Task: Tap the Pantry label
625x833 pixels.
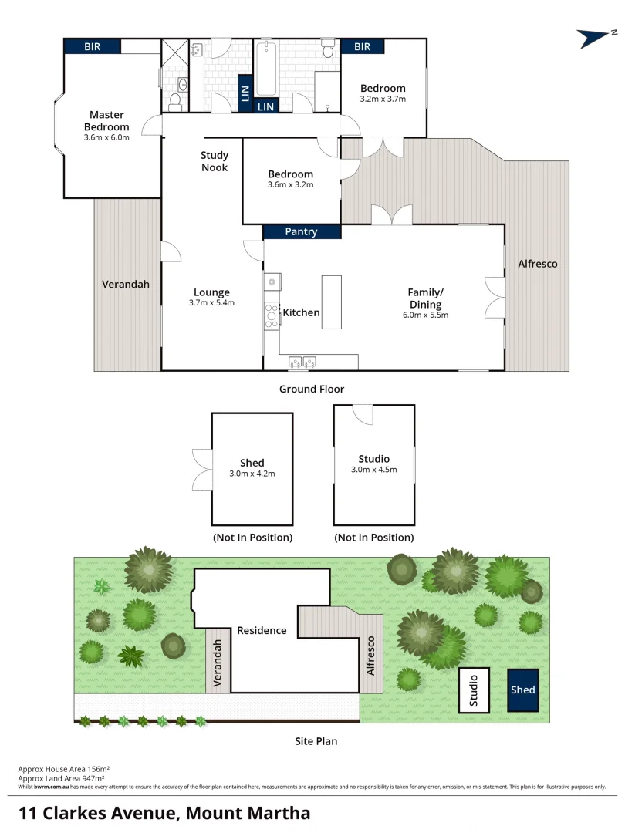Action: click(301, 231)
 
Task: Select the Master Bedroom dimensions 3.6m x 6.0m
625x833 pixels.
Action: click(106, 137)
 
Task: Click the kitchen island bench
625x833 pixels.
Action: click(331, 302)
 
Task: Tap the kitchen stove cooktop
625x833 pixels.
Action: click(272, 315)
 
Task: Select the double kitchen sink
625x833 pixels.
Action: click(303, 361)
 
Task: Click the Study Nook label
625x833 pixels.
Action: click(215, 161)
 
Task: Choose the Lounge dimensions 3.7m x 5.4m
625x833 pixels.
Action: click(211, 303)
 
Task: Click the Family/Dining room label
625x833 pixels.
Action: click(425, 298)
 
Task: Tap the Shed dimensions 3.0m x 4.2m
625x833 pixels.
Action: click(252, 474)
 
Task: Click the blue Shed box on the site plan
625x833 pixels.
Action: click(522, 690)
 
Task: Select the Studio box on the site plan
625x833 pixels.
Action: click(474, 690)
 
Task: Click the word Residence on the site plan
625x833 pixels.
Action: click(262, 630)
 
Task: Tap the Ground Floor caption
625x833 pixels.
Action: click(312, 389)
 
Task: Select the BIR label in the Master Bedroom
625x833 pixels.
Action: click(92, 46)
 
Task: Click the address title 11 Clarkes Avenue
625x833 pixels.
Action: click(164, 812)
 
